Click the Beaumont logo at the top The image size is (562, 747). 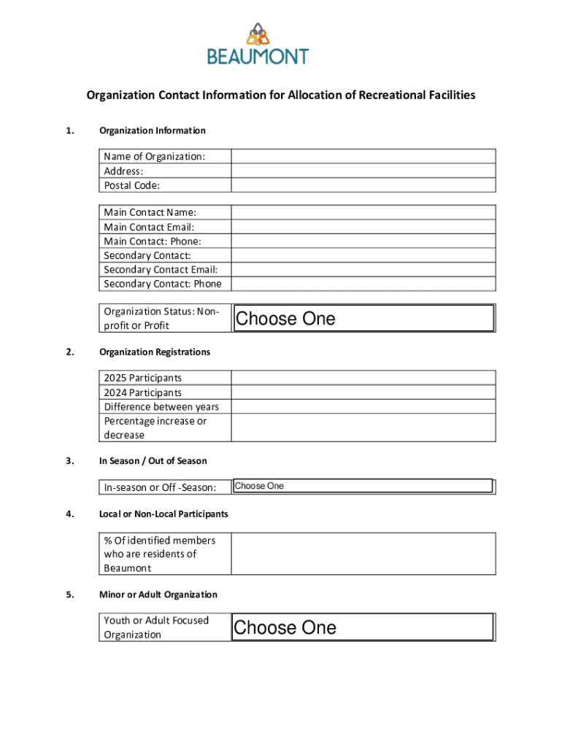coord(258,44)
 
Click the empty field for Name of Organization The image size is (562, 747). coord(363,156)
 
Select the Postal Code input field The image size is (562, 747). coord(363,185)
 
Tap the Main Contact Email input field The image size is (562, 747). coord(363,226)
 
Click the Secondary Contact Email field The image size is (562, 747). coord(363,269)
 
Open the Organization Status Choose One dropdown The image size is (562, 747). coord(363,318)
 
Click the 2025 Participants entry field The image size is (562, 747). coord(363,378)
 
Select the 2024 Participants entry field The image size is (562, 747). coord(363,392)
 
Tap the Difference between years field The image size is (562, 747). coord(363,406)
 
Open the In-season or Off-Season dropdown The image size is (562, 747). coord(363,486)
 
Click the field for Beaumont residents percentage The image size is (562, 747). coord(363,554)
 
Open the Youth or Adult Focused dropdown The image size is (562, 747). coord(363,627)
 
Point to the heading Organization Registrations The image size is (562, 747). coord(155,352)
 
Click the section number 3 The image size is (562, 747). coord(69,460)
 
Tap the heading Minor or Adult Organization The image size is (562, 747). coord(158,595)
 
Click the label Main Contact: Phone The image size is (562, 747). coord(153,241)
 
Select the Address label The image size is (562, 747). coord(123,171)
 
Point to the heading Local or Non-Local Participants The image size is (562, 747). coord(163,514)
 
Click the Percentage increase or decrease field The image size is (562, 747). coord(363,427)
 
